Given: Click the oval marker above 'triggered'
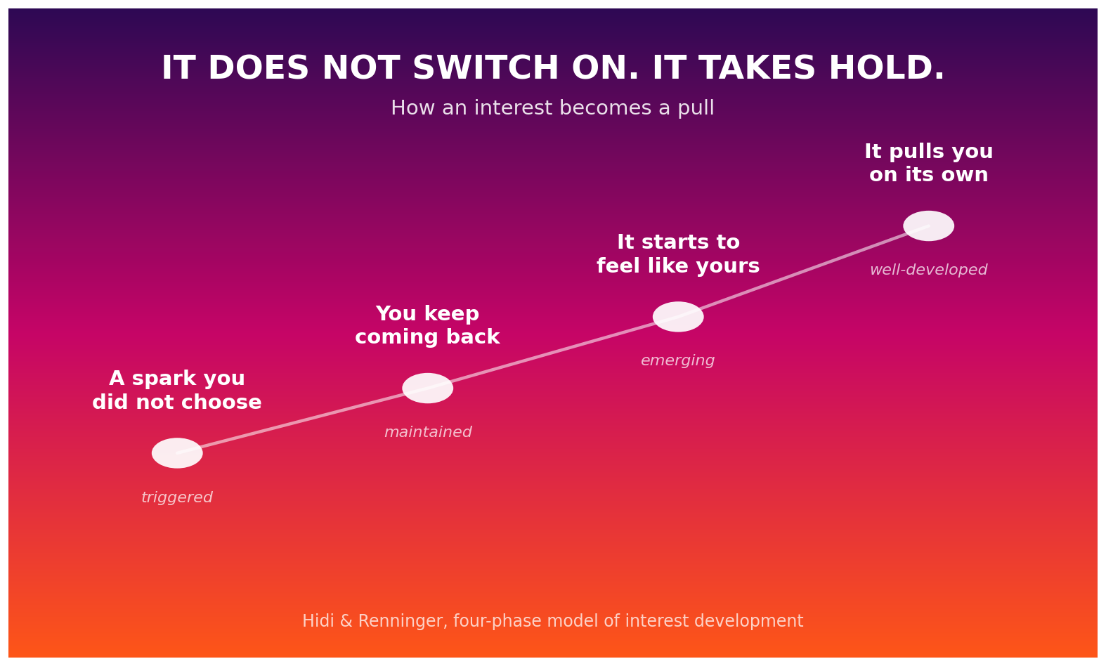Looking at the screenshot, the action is coord(177,452).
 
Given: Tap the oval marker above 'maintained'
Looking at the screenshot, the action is coord(428,388).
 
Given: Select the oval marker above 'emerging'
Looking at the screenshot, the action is coord(678,316).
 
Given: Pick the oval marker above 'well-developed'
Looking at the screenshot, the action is coord(929,226).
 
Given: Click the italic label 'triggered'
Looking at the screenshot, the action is coord(177,497).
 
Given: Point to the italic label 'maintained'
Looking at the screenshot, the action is coord(428,432).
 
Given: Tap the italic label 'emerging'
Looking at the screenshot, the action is coord(678,360).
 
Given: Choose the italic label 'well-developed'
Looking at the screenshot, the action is coord(929,270).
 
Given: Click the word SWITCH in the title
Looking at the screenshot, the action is coord(486,68).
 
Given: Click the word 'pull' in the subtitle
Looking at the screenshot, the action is coord(696,108).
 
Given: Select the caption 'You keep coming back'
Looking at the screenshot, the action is coord(428,325).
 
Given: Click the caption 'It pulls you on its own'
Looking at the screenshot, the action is coord(929,163).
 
